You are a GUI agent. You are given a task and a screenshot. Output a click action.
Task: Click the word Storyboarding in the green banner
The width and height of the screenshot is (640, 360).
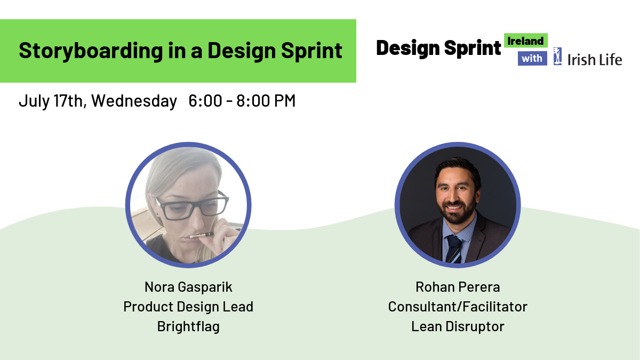(91, 51)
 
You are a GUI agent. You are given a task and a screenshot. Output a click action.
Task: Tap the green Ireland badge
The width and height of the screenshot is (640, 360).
(526, 41)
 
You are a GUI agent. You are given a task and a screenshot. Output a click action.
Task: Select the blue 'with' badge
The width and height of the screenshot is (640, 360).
(532, 58)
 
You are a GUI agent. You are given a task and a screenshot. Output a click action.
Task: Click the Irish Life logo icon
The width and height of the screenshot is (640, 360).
(557, 57)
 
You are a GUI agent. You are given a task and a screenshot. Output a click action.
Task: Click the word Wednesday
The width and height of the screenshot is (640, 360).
(134, 101)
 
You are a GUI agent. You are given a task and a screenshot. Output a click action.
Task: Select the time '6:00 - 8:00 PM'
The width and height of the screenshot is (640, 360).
(242, 101)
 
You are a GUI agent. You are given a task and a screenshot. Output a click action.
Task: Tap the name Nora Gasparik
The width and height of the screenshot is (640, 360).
(188, 287)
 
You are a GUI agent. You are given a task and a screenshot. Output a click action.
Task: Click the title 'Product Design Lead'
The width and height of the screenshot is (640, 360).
(188, 307)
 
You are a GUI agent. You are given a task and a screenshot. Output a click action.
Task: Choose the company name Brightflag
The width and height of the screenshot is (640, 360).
(188, 326)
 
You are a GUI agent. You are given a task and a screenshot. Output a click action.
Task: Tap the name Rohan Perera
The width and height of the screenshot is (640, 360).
(458, 287)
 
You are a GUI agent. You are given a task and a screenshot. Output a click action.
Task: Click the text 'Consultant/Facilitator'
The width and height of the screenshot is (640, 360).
(458, 307)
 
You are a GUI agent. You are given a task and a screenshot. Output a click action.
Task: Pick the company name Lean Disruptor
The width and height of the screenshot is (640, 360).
(458, 326)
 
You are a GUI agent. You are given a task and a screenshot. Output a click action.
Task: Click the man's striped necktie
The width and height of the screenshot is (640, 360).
(454, 249)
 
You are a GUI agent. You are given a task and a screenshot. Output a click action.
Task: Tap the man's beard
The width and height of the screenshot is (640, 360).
(457, 210)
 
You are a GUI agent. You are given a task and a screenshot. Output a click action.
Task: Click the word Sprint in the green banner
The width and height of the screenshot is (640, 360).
(311, 51)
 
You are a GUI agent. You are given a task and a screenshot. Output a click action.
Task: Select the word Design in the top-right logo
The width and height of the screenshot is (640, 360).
(408, 48)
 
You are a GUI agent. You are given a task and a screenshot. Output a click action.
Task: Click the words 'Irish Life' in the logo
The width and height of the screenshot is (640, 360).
(595, 59)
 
